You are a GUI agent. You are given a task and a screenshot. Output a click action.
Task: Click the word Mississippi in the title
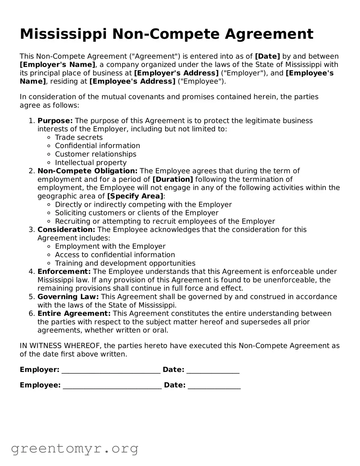click(64, 34)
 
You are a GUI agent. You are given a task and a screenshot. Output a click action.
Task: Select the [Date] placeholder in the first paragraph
click(267, 56)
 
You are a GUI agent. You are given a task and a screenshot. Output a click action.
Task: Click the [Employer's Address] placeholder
click(176, 73)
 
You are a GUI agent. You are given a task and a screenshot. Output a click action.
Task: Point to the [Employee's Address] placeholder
click(132, 82)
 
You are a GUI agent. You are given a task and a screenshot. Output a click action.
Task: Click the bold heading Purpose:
click(55, 121)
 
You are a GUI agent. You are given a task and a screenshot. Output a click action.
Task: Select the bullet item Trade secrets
click(79, 138)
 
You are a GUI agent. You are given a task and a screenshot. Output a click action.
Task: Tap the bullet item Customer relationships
click(95, 154)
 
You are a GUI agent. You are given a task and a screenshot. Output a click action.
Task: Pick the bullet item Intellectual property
click(91, 163)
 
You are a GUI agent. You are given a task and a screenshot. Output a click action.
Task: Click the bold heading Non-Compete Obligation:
click(87, 171)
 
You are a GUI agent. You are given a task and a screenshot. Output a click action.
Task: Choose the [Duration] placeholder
click(172, 180)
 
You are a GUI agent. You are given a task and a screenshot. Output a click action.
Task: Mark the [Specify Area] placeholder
click(135, 196)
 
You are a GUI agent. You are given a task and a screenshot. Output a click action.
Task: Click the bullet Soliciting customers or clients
click(137, 213)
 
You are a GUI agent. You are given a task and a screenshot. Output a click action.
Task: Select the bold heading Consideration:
click(66, 230)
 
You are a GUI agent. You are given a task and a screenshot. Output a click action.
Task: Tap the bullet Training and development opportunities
click(125, 264)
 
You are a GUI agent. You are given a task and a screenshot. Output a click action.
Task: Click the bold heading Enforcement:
click(64, 272)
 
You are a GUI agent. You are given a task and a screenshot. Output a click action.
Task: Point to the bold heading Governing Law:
click(68, 297)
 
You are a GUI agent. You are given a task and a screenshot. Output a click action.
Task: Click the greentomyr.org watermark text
click(74, 449)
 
